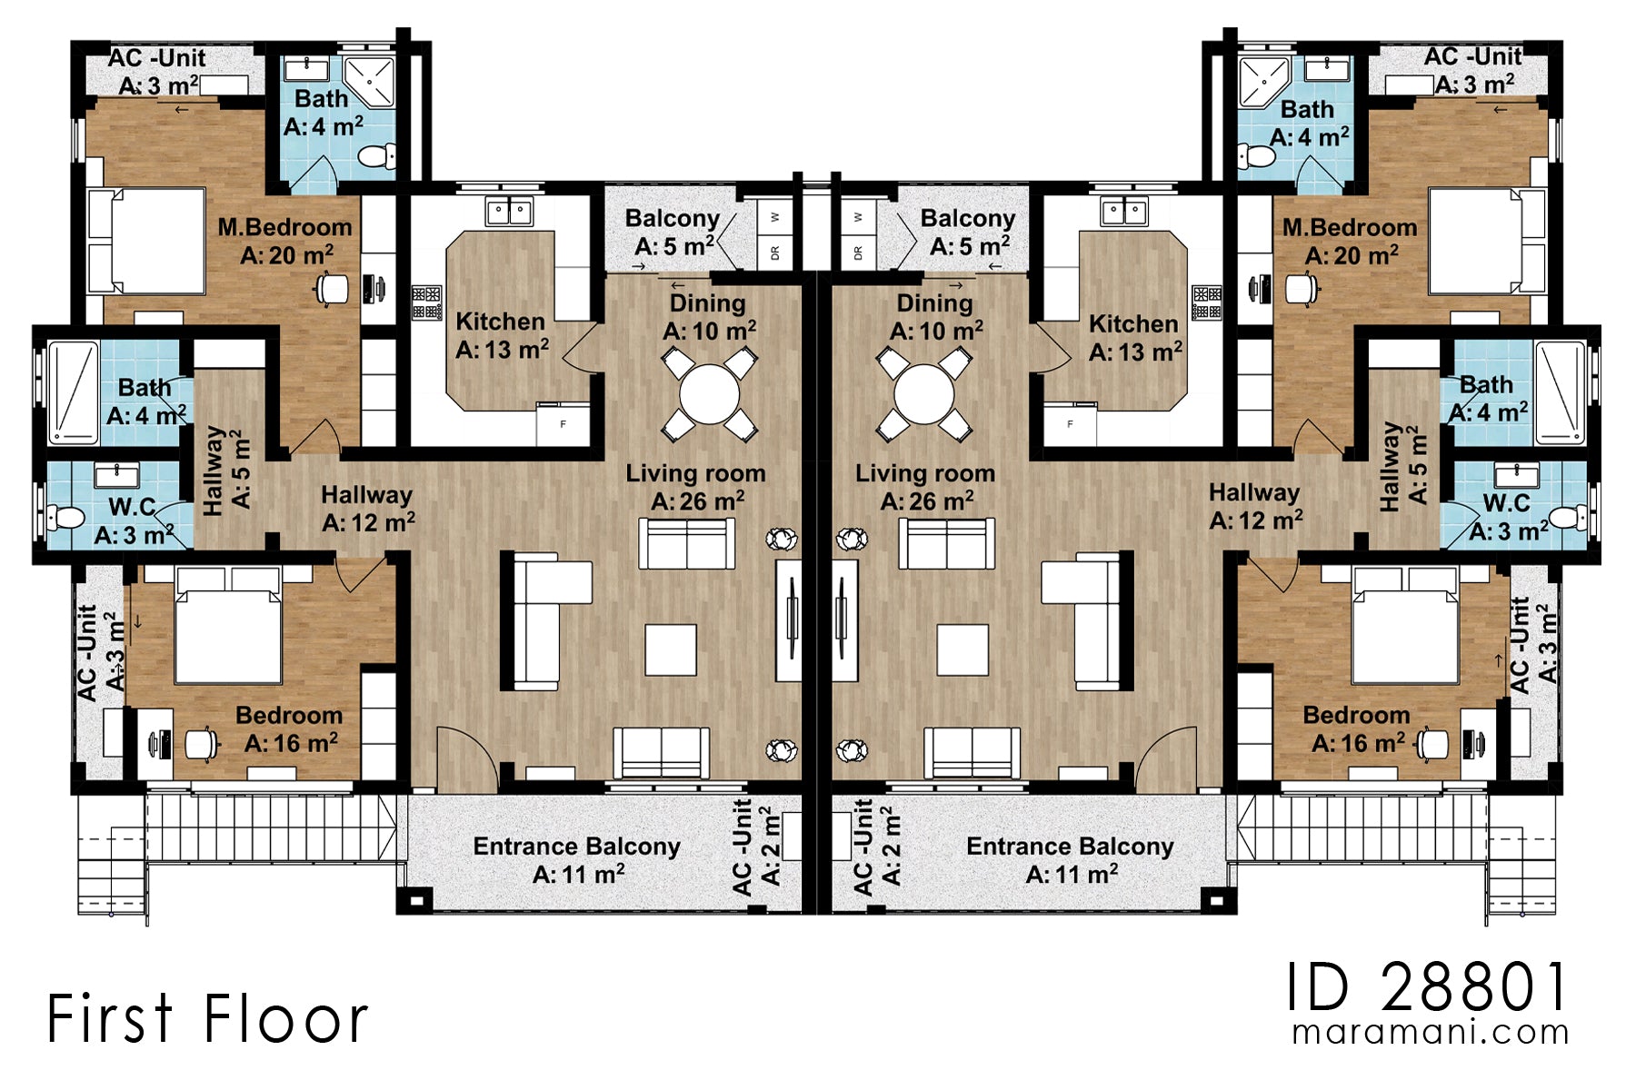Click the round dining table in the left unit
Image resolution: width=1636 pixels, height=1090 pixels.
point(709,395)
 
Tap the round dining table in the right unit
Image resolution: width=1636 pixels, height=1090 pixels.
point(923,395)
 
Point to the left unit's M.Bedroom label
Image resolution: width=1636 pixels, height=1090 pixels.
point(284,241)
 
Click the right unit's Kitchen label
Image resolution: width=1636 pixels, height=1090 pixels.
point(1134,337)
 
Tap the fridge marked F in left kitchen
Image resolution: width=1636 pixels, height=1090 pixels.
point(563,424)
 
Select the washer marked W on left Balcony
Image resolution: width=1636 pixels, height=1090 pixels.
point(775,217)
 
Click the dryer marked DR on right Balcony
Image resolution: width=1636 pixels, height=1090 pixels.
point(858,252)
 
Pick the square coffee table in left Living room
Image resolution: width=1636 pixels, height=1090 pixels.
point(671,649)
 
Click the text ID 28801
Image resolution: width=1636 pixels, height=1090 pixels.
point(1427,987)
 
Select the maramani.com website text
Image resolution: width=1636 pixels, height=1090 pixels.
point(1430,1033)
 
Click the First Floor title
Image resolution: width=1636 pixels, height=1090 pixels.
point(207,1018)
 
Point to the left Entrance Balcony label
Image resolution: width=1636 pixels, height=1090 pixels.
point(577,859)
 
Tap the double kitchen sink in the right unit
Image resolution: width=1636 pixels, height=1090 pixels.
point(1124,213)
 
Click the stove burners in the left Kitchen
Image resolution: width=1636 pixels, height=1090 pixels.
point(426,303)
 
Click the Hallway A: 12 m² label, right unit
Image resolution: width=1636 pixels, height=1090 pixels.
point(1254,507)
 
